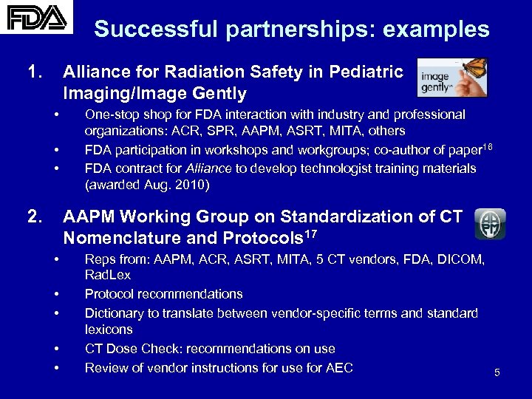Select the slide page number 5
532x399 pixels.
pos(497,373)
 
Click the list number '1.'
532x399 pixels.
pos(35,72)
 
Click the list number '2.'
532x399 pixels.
pos(35,217)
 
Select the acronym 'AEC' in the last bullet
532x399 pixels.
pos(338,367)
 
